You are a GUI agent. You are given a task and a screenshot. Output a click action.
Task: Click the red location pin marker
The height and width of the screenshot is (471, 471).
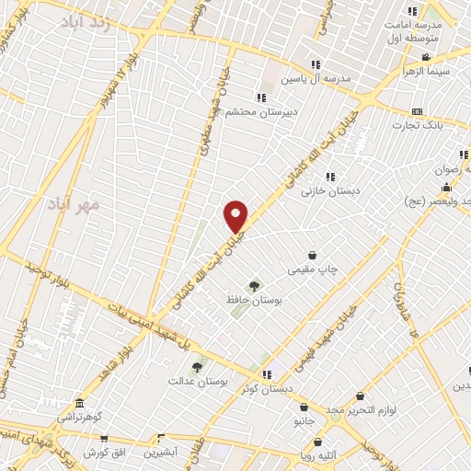tap(236, 216)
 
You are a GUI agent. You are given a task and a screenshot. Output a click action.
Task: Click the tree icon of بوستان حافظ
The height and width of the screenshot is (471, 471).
tap(254, 286)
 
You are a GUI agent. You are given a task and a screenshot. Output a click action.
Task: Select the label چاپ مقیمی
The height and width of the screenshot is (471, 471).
tap(315, 270)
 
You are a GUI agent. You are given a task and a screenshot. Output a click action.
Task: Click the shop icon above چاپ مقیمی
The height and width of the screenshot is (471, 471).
tap(313, 255)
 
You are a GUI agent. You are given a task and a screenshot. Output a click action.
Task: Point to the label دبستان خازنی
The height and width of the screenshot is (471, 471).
tap(334, 190)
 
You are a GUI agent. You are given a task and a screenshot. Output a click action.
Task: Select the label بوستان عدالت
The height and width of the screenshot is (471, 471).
tap(197, 380)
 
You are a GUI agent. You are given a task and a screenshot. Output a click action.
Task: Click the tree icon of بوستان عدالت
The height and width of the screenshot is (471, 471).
tap(198, 366)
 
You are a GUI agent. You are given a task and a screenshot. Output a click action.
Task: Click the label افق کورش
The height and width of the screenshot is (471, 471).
tap(103, 454)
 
